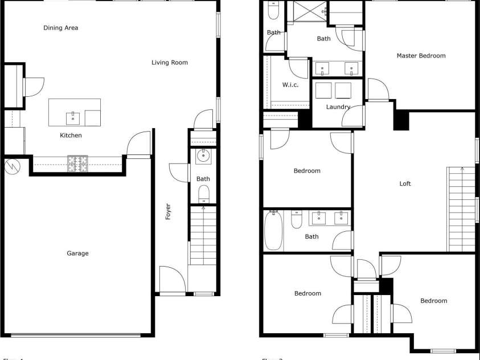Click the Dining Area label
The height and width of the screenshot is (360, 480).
point(61,28)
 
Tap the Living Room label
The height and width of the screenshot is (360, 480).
point(170,63)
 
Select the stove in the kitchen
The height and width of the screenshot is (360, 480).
point(78,164)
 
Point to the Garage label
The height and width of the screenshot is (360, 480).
point(77,253)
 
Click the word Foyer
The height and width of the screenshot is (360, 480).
point(168,212)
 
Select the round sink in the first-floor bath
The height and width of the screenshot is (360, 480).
point(203,156)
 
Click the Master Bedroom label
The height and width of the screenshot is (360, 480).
point(421,56)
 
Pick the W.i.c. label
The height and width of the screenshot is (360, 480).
point(290,85)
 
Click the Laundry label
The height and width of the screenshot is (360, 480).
point(338,107)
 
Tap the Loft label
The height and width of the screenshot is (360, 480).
point(405,184)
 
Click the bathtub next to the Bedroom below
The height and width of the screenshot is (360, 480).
point(273,231)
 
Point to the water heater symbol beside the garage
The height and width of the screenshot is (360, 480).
point(11,166)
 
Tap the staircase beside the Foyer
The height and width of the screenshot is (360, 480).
point(203,235)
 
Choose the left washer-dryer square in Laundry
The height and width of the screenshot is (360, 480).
point(323,91)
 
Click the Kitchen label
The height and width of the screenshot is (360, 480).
point(71,136)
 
